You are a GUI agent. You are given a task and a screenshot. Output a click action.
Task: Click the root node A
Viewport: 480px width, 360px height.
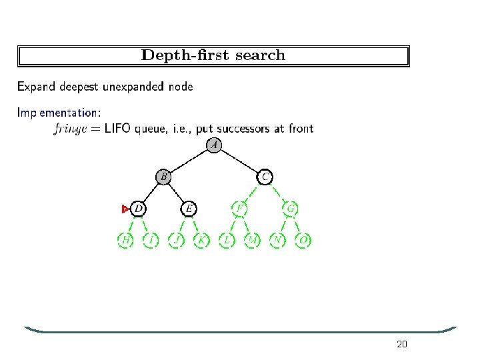[x=214, y=145]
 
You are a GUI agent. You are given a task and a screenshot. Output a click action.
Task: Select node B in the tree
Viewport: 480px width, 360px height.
[x=163, y=177]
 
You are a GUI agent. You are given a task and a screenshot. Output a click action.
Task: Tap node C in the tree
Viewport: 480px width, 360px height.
[x=265, y=177]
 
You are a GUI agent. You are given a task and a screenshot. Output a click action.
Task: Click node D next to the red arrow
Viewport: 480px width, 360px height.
[x=138, y=209]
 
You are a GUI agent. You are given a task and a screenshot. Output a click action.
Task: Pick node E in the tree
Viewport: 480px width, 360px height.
[x=189, y=209]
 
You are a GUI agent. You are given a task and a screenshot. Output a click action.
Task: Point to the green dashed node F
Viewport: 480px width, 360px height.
[x=239, y=209]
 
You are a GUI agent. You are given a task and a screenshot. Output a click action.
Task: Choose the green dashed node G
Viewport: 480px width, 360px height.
[x=291, y=209]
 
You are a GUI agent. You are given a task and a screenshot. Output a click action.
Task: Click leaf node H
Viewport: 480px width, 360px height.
[x=125, y=240]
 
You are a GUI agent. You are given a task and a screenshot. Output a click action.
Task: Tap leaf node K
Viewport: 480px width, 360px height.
[x=201, y=240]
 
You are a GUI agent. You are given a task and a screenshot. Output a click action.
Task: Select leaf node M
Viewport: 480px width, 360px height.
[x=252, y=240]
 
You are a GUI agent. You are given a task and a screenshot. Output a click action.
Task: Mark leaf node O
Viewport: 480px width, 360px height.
[x=303, y=240]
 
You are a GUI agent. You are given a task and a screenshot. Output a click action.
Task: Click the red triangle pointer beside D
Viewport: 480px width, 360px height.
[x=125, y=209]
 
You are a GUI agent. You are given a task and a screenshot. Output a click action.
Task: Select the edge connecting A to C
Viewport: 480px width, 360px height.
[x=240, y=161]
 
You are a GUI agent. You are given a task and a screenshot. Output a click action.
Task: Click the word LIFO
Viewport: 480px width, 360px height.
[x=118, y=129]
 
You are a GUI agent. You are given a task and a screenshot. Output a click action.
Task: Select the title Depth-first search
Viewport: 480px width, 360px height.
[x=213, y=55]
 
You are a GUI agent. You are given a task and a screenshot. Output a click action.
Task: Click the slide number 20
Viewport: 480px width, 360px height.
[x=401, y=345]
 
